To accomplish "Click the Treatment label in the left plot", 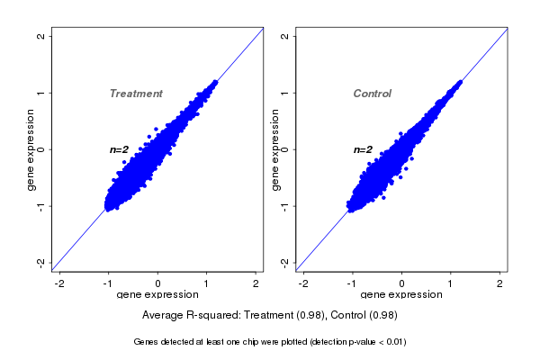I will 136,94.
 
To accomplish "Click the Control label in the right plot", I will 373,94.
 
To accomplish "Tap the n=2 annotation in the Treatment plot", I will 120,149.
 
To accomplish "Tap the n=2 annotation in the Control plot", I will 363,149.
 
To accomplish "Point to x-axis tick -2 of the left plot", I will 60,283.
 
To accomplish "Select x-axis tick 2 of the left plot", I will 256,283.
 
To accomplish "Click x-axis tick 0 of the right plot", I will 402,283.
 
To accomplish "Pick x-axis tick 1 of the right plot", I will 451,283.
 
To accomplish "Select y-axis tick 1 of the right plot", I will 284,93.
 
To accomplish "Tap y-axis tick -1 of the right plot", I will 284,205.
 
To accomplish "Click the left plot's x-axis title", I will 157,295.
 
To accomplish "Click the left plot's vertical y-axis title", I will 31,149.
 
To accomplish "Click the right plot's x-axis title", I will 401,295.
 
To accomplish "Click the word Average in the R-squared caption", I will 165,316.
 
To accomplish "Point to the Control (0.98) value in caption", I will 364,316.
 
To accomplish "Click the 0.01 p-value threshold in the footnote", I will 393,342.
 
